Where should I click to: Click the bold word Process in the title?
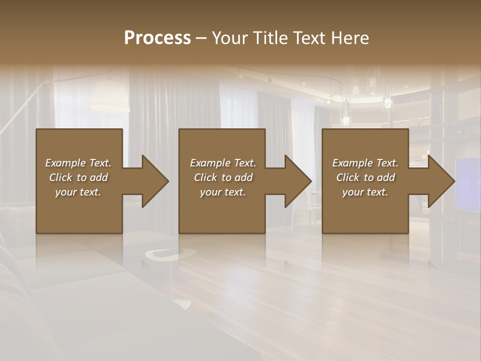[x=157, y=38]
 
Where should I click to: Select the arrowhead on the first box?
[x=153, y=181]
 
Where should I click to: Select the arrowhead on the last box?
[x=439, y=181]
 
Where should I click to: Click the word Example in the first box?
[x=66, y=163]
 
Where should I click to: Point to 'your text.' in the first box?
[x=78, y=192]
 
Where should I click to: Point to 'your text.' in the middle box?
[x=223, y=192]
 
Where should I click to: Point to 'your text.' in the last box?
[x=365, y=192]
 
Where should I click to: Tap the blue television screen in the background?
[x=468, y=183]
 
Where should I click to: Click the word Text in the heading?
[x=310, y=38]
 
